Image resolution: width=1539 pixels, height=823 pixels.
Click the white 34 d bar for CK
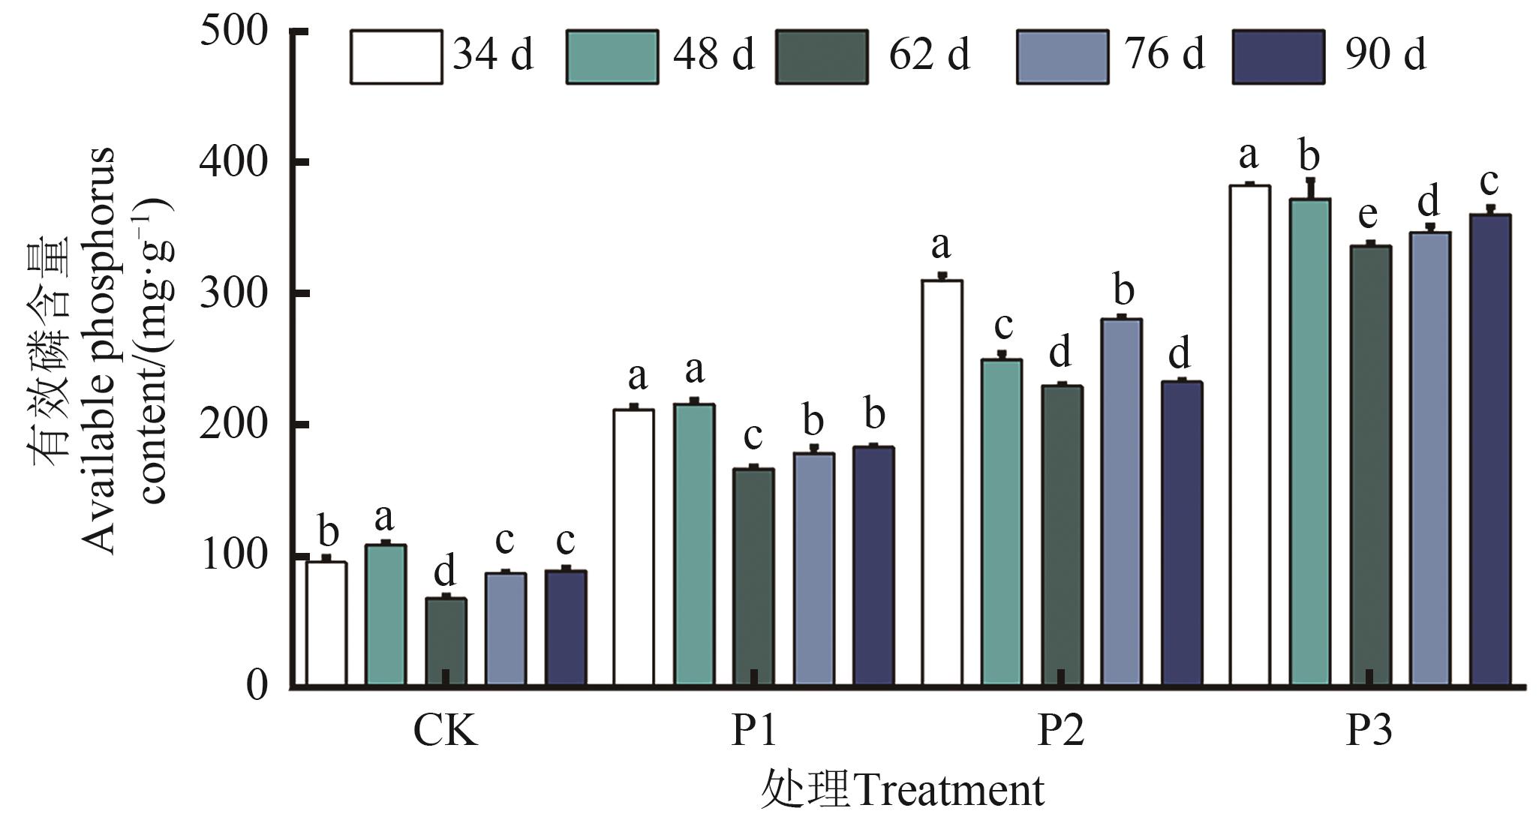[x=326, y=623]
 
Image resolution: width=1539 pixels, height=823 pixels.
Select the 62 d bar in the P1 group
[x=753, y=577]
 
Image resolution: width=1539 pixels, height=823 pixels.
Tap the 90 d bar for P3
[x=1490, y=449]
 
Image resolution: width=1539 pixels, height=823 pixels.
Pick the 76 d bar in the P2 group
[x=1122, y=502]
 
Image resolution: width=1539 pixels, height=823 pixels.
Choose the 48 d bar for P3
[x=1310, y=442]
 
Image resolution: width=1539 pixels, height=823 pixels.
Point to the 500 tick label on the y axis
[x=234, y=34]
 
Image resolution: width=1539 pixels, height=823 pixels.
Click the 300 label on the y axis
[x=234, y=293]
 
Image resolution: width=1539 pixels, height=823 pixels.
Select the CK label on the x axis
[x=445, y=732]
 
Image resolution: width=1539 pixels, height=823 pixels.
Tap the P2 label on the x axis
[x=1060, y=732]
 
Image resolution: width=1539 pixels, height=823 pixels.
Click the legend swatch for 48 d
[x=612, y=56]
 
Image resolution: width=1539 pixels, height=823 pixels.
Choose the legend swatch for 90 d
[x=1278, y=56]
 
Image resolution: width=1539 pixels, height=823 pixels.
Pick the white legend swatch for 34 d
[x=395, y=56]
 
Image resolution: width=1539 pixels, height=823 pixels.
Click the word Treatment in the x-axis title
[x=948, y=791]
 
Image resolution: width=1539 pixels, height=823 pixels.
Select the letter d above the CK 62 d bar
[x=445, y=572]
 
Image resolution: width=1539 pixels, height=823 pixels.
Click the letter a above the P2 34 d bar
[x=941, y=245]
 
